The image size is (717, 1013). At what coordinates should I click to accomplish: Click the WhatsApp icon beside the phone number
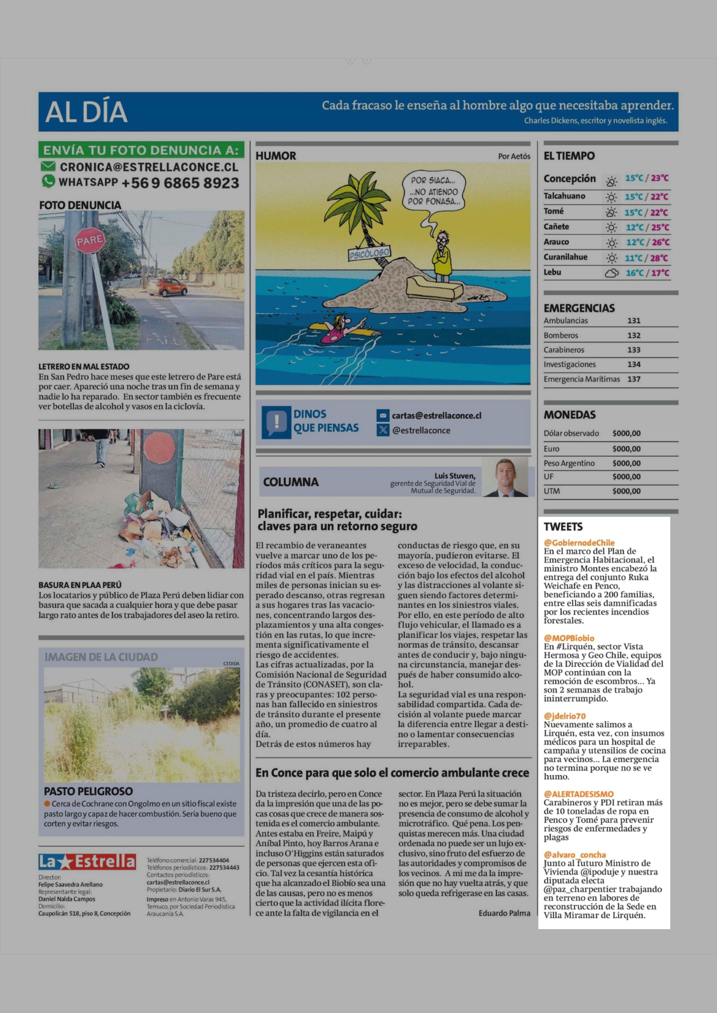point(48,181)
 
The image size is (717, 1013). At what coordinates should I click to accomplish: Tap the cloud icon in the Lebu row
point(611,273)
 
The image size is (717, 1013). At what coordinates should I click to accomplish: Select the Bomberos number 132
point(634,335)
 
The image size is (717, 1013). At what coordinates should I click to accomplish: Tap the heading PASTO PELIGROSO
point(88,791)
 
